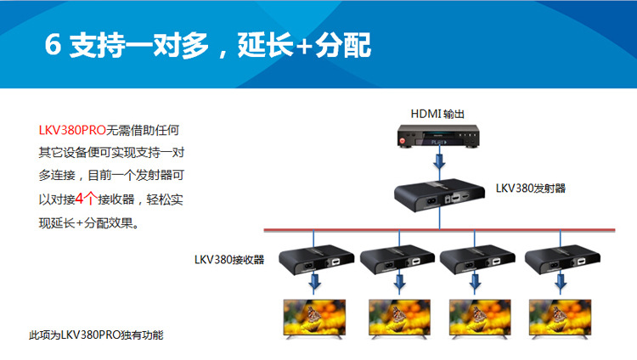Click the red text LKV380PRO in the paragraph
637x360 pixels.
pos(72,131)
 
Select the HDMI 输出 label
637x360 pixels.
pos(437,114)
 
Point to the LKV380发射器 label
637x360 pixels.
pos(531,188)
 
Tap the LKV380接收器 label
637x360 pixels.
pos(228,260)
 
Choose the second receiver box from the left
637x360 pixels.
pos(394,258)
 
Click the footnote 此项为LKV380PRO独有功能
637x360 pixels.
pos(96,335)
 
